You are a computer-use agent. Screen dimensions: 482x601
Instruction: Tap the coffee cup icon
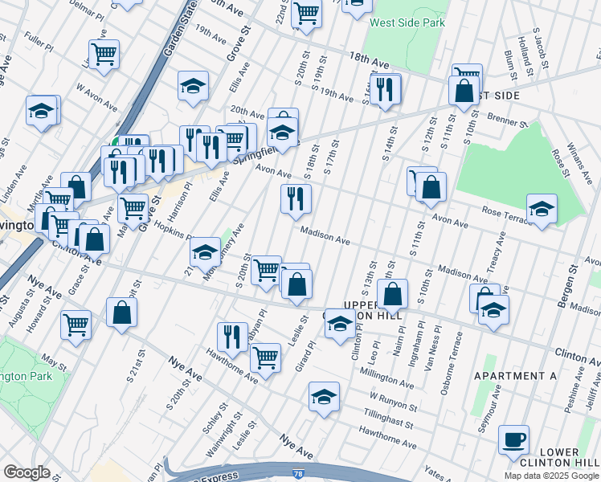513,440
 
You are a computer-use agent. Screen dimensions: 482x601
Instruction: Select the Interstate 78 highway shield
298,476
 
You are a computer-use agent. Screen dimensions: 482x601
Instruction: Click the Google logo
27,472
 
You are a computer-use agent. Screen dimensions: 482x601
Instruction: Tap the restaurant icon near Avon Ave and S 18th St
296,198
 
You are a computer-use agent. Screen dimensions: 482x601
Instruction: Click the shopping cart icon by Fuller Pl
104,54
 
